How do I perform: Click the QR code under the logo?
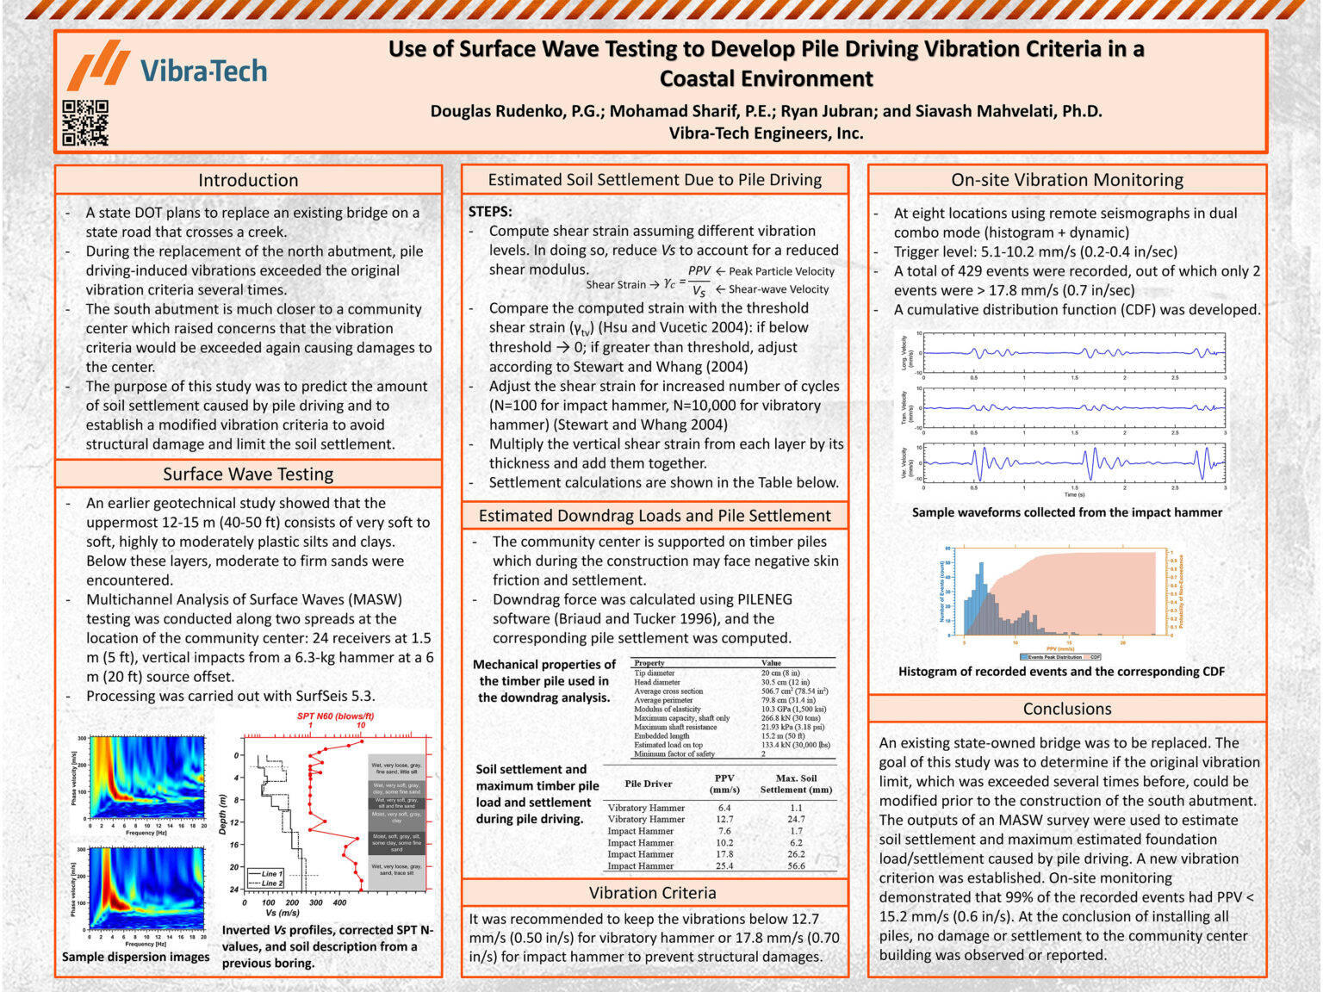click(85, 122)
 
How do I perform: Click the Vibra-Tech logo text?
click(203, 71)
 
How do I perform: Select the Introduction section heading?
click(248, 180)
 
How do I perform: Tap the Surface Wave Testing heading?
click(248, 474)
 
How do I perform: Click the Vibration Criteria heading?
click(652, 893)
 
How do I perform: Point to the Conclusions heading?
click(1066, 709)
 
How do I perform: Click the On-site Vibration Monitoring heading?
click(1066, 180)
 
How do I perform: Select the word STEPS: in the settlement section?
click(490, 212)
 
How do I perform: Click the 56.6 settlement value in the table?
click(796, 866)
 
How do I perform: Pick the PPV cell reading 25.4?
click(724, 866)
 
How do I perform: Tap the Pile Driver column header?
click(648, 784)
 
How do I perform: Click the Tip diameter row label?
click(655, 673)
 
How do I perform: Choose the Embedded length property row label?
click(661, 736)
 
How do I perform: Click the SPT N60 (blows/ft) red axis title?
click(335, 716)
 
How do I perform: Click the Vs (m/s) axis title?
click(283, 913)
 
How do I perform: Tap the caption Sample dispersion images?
click(135, 957)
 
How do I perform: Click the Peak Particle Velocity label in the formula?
click(781, 271)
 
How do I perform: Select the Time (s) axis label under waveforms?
click(1074, 494)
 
